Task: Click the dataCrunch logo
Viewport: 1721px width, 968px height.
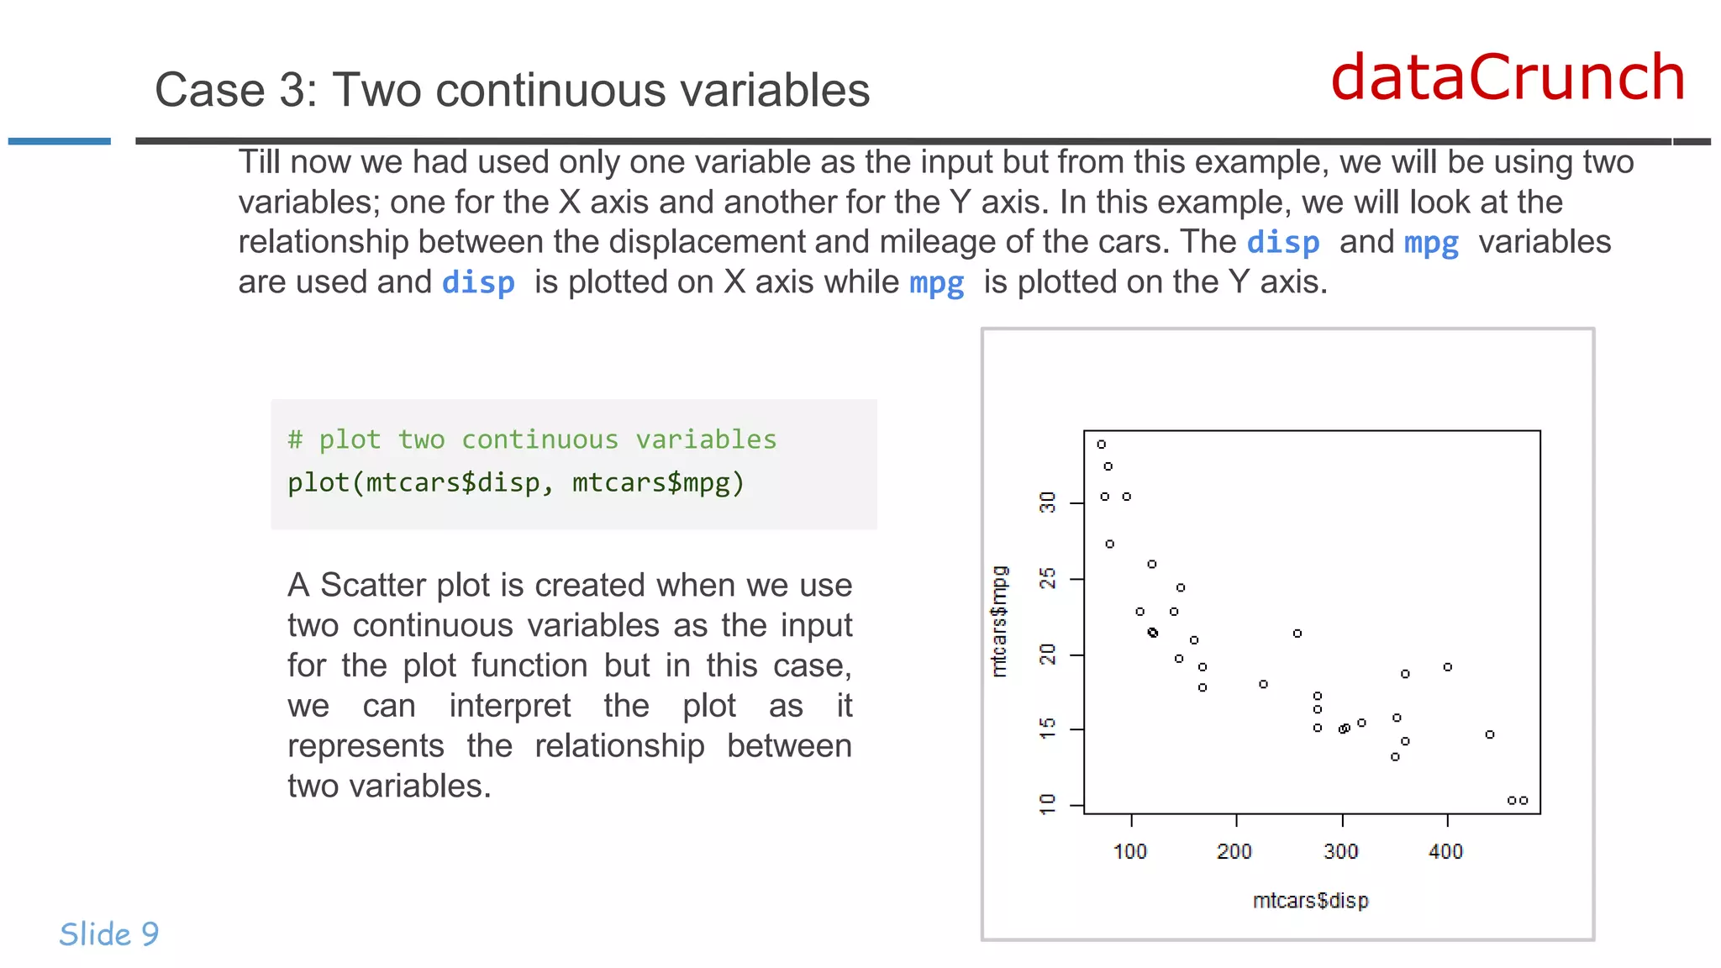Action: tap(1508, 77)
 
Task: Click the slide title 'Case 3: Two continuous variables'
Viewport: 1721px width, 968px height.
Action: tap(512, 90)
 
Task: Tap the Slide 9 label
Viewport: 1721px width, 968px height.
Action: tap(109, 934)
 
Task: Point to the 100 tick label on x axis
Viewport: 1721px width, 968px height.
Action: tap(1130, 852)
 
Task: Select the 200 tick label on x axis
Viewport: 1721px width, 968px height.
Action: tap(1234, 852)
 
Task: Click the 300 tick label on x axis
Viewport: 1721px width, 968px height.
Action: tap(1341, 852)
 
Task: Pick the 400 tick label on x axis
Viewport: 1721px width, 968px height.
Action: tap(1446, 852)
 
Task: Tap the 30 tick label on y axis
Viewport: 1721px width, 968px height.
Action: tap(1048, 503)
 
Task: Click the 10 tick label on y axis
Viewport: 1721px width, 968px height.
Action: tap(1048, 804)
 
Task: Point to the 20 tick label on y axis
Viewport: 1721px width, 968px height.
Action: tap(1048, 655)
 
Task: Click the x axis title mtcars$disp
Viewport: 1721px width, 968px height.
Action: tap(1310, 901)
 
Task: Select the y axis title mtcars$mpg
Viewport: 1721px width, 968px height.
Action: tap(999, 622)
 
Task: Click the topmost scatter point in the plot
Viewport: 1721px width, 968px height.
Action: tap(1102, 445)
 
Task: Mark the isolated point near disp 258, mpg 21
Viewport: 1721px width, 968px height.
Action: tap(1297, 634)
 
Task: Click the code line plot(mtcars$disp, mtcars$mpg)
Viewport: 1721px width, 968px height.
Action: tap(516, 483)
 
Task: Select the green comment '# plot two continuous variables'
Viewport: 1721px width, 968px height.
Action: tap(532, 439)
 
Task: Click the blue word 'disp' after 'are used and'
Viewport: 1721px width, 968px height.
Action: tap(478, 283)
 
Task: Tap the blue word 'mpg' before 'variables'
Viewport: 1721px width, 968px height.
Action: tap(1431, 243)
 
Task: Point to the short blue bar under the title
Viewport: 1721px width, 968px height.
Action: tap(60, 141)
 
